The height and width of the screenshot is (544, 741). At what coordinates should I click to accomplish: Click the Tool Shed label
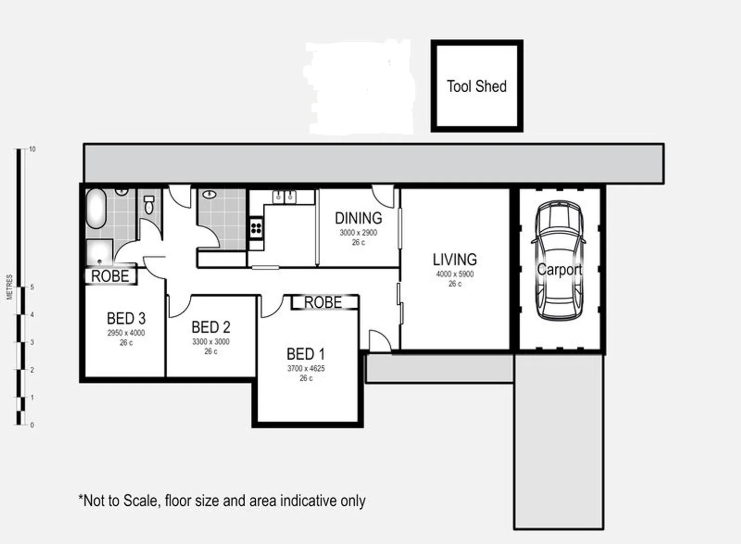click(x=476, y=87)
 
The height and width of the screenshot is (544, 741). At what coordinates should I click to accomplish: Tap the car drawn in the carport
click(x=559, y=260)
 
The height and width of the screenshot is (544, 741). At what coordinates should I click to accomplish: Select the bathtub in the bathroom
click(x=96, y=209)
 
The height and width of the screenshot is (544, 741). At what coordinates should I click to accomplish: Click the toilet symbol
click(x=149, y=205)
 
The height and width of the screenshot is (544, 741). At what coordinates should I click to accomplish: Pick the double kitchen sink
click(x=284, y=197)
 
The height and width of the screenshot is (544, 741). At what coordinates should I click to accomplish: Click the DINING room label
click(x=358, y=218)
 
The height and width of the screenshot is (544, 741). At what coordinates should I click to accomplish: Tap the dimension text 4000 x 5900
click(x=455, y=275)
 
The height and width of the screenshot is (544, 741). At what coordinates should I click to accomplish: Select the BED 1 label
click(x=306, y=354)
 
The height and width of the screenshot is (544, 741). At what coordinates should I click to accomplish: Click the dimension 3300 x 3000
click(x=210, y=342)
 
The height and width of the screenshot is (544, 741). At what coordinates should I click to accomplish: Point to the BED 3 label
click(x=126, y=318)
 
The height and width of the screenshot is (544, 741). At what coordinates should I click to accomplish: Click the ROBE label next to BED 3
click(x=110, y=276)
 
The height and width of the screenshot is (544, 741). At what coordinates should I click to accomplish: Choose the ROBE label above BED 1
click(x=323, y=302)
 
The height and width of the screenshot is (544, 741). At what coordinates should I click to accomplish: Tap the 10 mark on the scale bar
click(x=32, y=149)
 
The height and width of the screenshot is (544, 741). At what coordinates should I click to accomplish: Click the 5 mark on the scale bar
click(x=32, y=287)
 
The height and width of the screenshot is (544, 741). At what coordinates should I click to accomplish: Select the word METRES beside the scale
click(x=10, y=287)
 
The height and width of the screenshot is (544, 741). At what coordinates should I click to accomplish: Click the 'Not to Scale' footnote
click(x=222, y=501)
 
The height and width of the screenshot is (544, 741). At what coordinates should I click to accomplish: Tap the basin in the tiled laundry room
click(x=210, y=194)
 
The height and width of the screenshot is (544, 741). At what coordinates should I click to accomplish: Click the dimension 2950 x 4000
click(x=126, y=333)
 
